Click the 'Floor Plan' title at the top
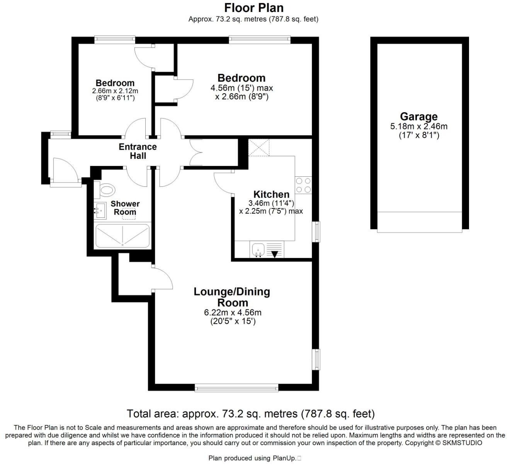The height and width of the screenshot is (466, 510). click(x=254, y=8)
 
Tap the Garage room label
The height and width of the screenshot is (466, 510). click(x=418, y=116)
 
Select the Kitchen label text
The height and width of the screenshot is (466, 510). click(x=271, y=195)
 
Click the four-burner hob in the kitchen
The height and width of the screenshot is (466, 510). click(x=303, y=185)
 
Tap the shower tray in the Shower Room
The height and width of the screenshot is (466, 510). click(x=122, y=236)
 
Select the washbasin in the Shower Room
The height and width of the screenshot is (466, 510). click(x=100, y=210)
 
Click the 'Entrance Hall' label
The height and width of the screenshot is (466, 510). click(x=138, y=151)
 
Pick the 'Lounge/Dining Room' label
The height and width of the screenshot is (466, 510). click(x=232, y=297)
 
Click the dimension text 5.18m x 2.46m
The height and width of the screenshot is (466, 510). click(x=419, y=126)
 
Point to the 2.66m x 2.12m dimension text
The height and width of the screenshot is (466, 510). click(x=115, y=91)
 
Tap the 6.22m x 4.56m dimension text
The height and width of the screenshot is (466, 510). click(x=233, y=312)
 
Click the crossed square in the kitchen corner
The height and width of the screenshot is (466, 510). click(x=259, y=147)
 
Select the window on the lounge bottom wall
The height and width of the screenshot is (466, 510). click(x=236, y=387)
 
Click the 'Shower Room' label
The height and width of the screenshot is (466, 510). click(x=125, y=208)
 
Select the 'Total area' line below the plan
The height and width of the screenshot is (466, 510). click(x=251, y=414)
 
